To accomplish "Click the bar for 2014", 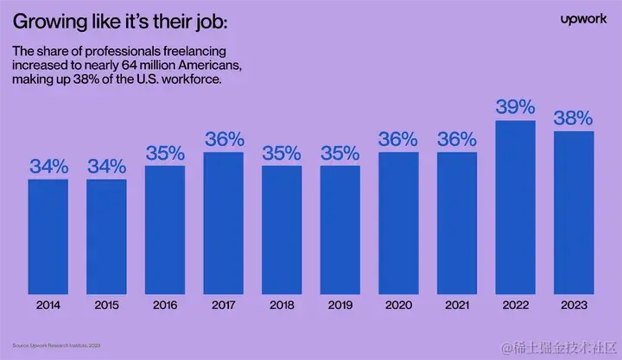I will (48, 232).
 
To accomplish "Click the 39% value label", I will (516, 107).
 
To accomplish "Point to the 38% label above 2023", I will (574, 117).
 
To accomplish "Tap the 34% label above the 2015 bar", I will (106, 166).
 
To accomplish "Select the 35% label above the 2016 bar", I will (165, 153).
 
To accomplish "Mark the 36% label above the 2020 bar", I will (398, 139).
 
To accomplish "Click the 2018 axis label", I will (282, 305).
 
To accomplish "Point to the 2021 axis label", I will (457, 305).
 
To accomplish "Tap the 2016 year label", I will (165, 305).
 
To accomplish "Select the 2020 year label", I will (398, 305).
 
